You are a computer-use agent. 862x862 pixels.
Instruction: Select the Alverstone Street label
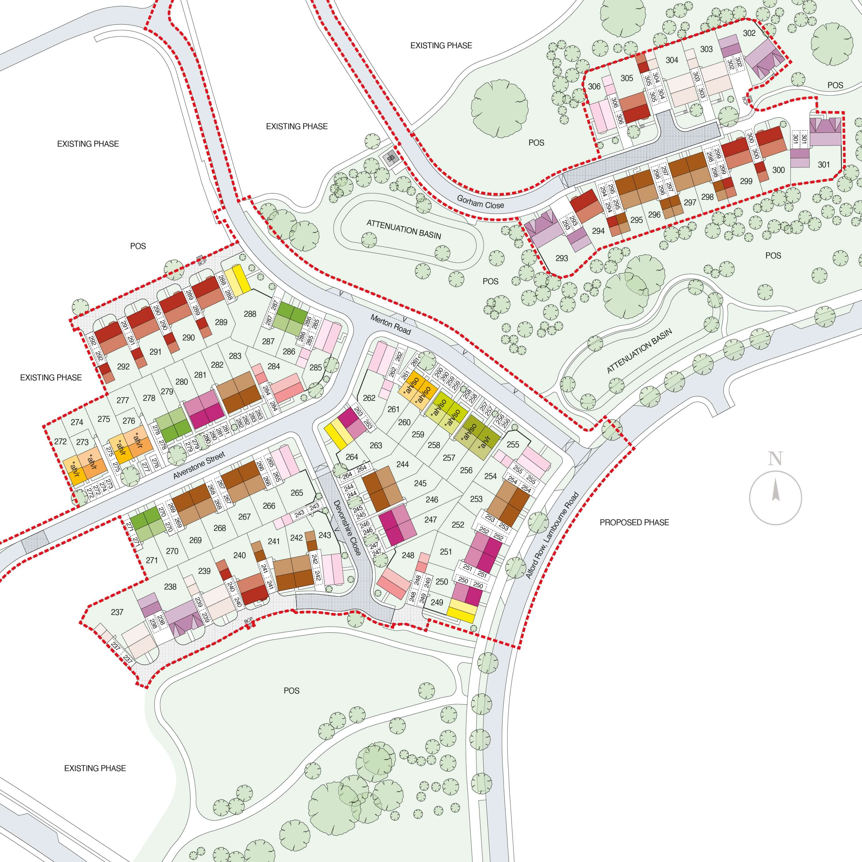pyautogui.click(x=199, y=465)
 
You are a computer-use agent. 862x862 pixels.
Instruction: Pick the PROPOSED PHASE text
pyautogui.click(x=634, y=522)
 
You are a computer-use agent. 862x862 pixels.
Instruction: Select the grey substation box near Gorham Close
pyautogui.click(x=391, y=158)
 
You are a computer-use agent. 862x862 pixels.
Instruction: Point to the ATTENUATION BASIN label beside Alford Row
pyautogui.click(x=639, y=351)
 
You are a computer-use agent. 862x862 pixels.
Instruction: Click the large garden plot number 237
pyautogui.click(x=117, y=612)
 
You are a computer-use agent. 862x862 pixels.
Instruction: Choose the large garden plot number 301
pyautogui.click(x=823, y=165)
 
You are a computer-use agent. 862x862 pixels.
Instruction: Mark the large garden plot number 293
pyautogui.click(x=562, y=258)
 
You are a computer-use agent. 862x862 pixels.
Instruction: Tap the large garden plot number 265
pyautogui.click(x=297, y=493)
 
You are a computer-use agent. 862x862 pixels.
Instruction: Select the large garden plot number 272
pyautogui.click(x=60, y=441)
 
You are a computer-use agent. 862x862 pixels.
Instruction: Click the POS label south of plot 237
pyautogui.click(x=291, y=691)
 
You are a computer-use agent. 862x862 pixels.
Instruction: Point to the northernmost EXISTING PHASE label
pyautogui.click(x=441, y=45)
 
